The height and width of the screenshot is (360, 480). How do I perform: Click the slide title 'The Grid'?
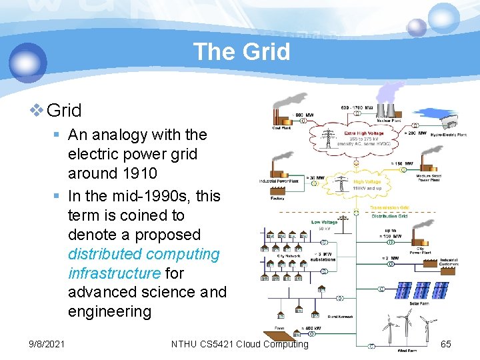pyautogui.click(x=241, y=51)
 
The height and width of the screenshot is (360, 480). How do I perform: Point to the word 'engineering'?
pyautogui.click(x=109, y=312)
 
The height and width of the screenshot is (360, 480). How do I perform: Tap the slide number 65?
pyautogui.click(x=446, y=344)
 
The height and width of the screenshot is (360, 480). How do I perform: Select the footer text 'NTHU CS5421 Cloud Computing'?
pyautogui.click(x=239, y=344)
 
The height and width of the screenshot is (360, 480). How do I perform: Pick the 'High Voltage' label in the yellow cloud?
pyautogui.click(x=367, y=181)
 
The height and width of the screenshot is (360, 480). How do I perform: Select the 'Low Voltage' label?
pyautogui.click(x=325, y=222)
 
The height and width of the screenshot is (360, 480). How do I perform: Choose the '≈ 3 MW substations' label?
pyautogui.click(x=325, y=257)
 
